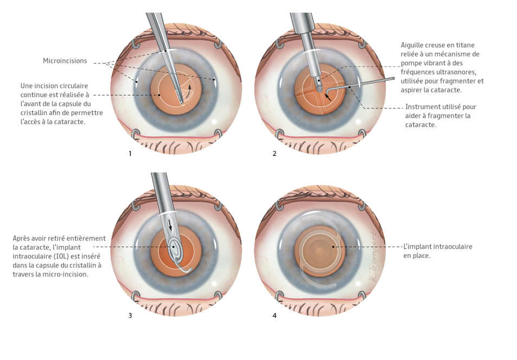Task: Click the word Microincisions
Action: coord(65,61)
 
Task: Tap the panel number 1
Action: coord(130,154)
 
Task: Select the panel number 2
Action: coord(275,154)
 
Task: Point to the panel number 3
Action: coord(130,315)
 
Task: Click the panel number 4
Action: coord(275,315)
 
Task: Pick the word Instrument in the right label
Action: coord(423,107)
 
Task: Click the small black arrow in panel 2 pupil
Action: coord(328,98)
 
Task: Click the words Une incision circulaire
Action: coord(54,86)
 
